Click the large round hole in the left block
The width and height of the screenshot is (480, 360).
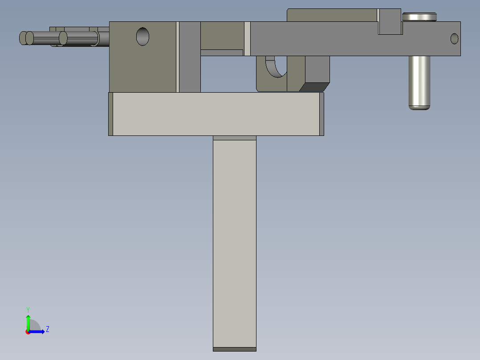(142, 36)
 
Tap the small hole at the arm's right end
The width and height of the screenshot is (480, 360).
(454, 39)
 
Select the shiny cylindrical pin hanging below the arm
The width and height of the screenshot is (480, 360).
(419, 82)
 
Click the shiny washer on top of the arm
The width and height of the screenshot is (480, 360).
(419, 17)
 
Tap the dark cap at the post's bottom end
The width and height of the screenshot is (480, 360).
(235, 349)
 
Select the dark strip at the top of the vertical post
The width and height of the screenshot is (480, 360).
(235, 138)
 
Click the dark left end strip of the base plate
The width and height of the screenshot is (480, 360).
(111, 114)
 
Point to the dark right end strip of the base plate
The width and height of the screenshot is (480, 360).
(321, 114)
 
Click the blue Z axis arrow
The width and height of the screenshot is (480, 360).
(38, 331)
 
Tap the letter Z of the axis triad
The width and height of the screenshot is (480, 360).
(47, 329)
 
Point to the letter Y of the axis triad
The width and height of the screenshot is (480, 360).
(28, 309)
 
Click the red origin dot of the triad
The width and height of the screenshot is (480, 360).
(28, 332)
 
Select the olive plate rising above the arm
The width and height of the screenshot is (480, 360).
(332, 15)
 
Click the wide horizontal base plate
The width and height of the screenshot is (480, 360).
(216, 114)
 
